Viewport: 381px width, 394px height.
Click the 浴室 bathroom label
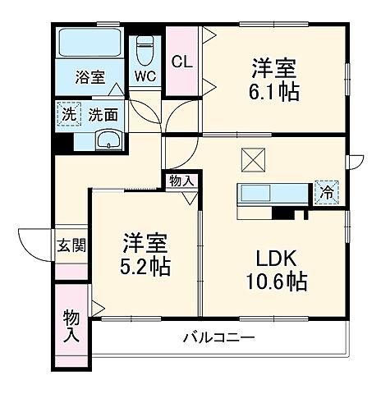[x=90, y=78]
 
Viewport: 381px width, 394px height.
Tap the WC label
[x=145, y=77]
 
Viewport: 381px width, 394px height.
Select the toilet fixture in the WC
[x=145, y=49]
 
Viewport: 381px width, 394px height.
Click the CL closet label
[x=181, y=62]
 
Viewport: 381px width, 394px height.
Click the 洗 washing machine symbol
[x=67, y=114]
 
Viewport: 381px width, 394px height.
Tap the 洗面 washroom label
[x=102, y=115]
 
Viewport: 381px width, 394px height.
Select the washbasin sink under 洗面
[x=106, y=140]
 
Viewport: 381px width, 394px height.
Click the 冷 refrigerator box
[x=326, y=195]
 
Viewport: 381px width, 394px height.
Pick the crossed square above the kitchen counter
[x=251, y=159]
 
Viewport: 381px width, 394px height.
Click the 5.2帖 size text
[x=147, y=268]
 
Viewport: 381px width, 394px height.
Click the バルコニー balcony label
[x=218, y=337]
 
